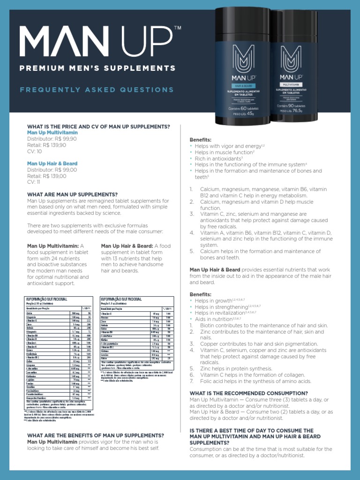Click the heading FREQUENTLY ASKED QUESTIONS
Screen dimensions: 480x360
97,90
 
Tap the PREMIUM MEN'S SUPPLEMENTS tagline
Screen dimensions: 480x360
97,68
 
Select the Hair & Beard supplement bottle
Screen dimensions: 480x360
243,66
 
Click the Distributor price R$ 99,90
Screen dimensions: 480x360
52,139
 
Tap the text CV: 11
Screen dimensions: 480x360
34,182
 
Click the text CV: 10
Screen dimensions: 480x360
34,151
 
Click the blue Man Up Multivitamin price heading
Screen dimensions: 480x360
52,133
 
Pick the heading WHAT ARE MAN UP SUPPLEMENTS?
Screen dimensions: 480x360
72,195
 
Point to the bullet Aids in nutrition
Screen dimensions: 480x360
217,319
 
